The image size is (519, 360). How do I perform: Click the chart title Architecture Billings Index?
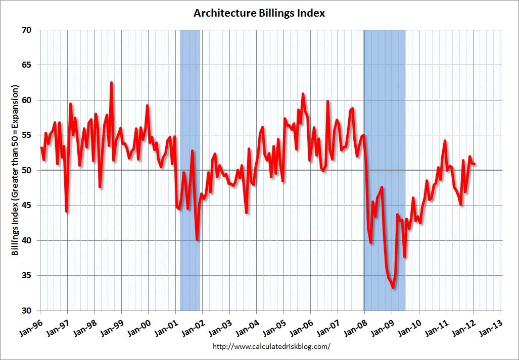[259, 13]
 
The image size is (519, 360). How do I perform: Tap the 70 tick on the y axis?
[27, 30]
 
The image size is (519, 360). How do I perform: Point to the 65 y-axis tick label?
[27, 65]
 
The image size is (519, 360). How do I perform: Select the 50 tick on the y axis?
[27, 170]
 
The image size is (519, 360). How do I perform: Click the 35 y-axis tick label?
[27, 276]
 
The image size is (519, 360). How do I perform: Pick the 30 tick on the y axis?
[27, 311]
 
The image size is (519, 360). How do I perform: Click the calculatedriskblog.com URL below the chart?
[271, 346]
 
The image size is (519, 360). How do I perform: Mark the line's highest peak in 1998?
[111, 82]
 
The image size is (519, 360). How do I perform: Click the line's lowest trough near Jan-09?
[393, 288]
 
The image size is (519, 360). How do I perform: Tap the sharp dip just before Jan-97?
[67, 212]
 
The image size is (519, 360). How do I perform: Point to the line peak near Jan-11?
[445, 141]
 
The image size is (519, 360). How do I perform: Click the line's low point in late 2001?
[197, 240]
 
